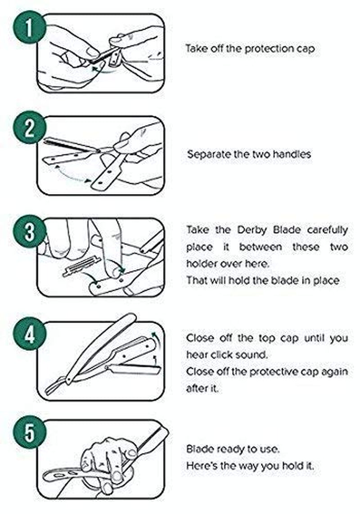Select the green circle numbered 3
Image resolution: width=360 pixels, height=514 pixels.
click(x=30, y=231)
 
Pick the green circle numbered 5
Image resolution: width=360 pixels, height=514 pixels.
click(x=30, y=432)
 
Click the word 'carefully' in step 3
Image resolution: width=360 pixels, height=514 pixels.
click(x=327, y=230)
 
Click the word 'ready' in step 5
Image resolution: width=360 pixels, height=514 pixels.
click(x=231, y=449)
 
